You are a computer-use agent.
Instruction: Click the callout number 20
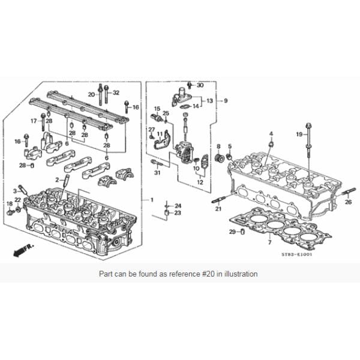92,94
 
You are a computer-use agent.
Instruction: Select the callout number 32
116,92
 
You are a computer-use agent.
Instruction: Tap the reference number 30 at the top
200,85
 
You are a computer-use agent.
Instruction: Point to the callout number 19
298,134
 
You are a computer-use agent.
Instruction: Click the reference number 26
347,203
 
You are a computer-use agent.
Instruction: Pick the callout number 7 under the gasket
269,242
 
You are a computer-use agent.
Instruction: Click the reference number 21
218,208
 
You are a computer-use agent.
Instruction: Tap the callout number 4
271,133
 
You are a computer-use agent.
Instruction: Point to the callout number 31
157,173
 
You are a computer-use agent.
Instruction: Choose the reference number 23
178,213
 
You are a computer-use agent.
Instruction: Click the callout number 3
15,191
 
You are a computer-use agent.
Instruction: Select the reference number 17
34,121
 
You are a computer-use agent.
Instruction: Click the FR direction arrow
23,248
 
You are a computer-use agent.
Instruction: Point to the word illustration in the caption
238,274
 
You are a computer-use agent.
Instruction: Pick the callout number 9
226,100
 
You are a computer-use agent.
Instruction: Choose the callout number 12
200,182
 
